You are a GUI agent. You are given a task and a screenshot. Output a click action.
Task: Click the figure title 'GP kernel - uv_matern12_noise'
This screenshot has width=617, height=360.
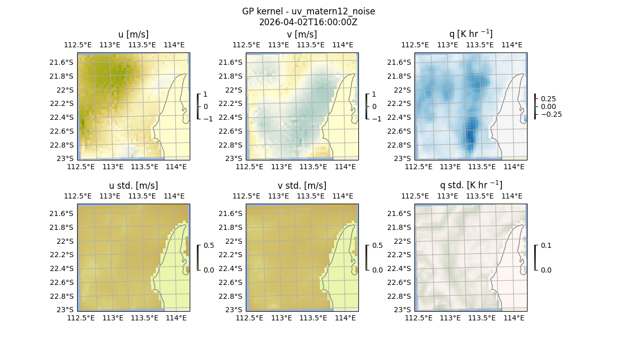308,11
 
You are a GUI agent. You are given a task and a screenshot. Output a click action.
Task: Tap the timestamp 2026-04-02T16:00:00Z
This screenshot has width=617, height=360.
308,22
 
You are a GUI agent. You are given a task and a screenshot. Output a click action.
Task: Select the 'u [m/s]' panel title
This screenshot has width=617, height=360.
133,34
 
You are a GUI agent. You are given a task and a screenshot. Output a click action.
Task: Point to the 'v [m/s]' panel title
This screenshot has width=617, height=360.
302,34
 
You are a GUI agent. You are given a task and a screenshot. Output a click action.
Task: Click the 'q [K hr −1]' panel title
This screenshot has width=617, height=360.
470,34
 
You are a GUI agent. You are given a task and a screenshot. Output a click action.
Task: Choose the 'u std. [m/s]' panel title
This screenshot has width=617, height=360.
133,186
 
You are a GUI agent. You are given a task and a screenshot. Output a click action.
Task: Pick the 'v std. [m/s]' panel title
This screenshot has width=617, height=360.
302,186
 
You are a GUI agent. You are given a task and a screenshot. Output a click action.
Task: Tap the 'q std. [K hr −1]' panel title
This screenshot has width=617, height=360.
470,185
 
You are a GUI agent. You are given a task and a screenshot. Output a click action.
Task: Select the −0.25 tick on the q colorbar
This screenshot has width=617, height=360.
551,114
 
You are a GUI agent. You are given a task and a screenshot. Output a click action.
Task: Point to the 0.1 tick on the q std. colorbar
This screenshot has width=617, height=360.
545,245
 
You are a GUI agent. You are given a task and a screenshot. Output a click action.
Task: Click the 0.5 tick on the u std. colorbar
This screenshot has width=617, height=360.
209,245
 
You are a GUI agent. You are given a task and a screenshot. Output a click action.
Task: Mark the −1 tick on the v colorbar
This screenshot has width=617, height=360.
377,119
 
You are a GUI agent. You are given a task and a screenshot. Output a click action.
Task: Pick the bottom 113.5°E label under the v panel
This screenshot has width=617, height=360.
313,167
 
